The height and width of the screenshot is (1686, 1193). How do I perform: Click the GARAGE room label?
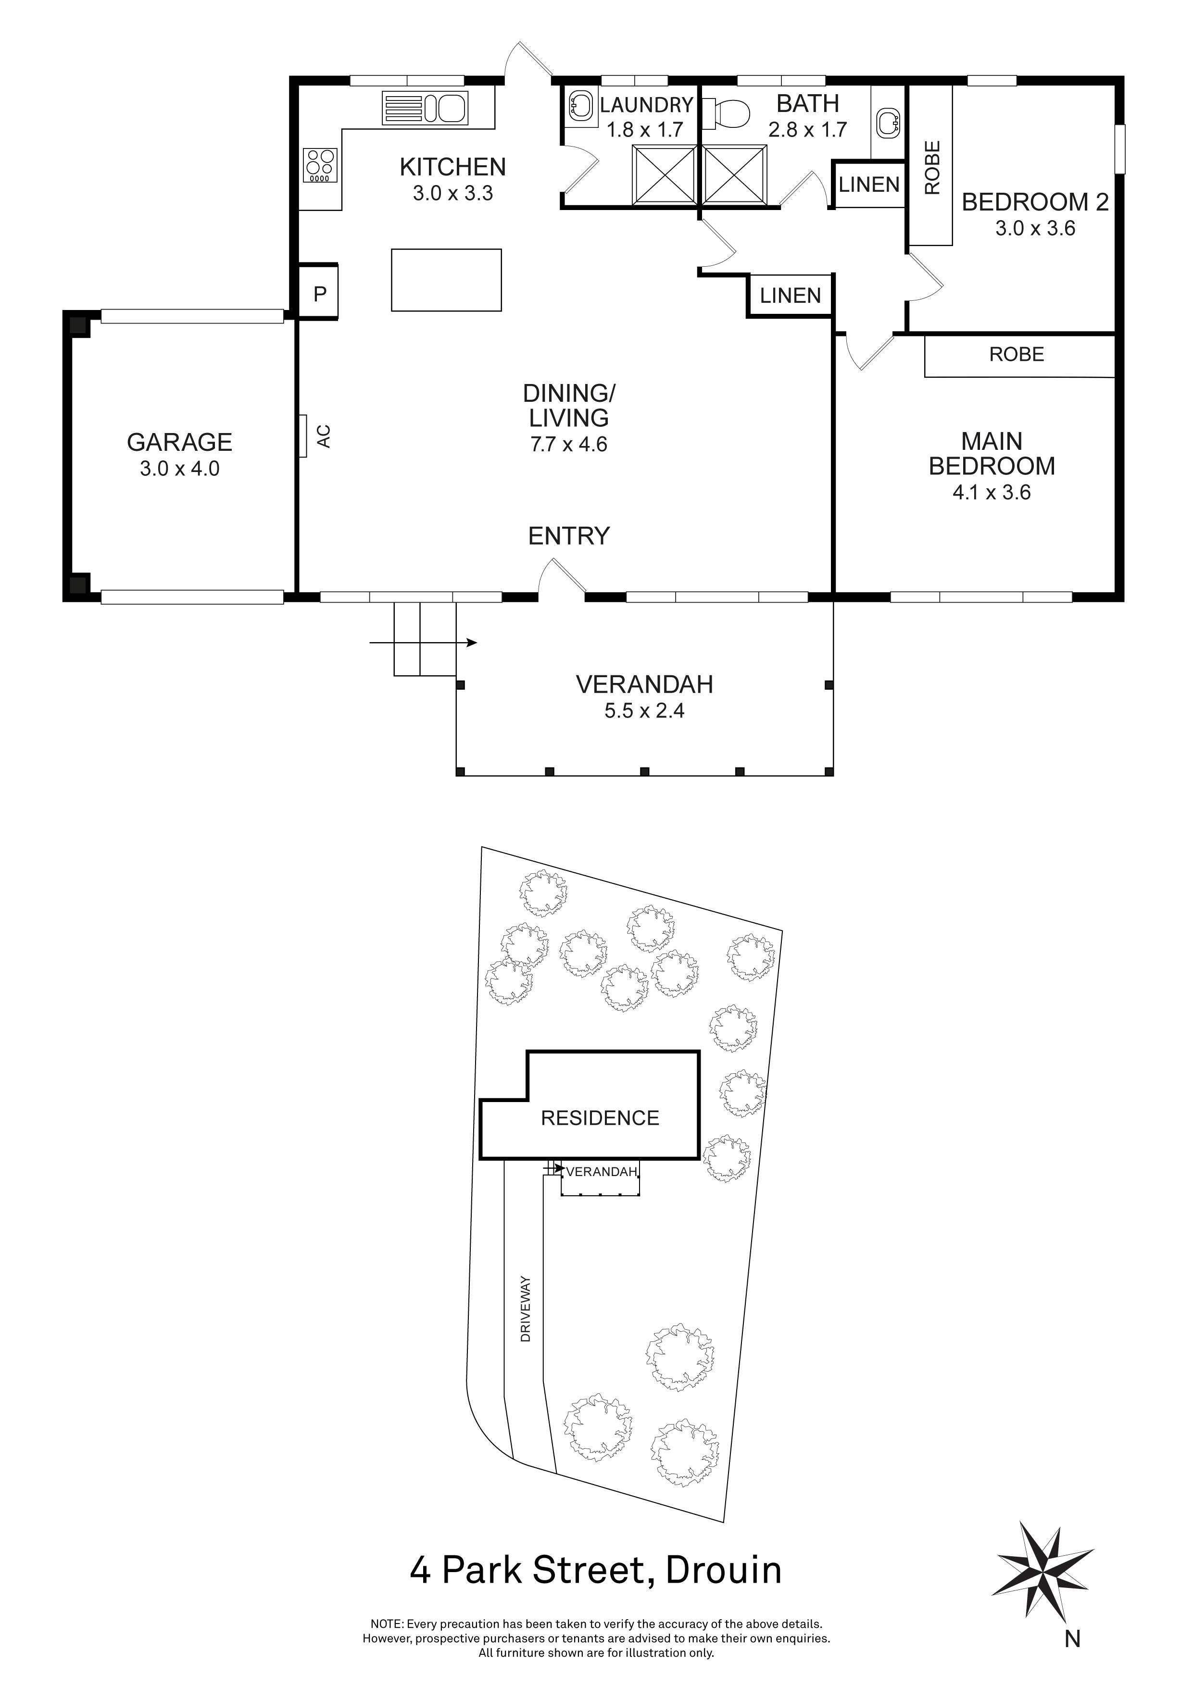(x=179, y=442)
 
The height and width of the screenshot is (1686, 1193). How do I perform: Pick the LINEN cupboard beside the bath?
(x=869, y=184)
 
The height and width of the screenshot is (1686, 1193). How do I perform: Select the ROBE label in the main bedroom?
(x=1016, y=355)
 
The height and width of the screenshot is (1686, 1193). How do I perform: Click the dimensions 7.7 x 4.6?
(x=568, y=444)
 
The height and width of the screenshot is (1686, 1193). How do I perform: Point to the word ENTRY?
(x=568, y=536)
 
